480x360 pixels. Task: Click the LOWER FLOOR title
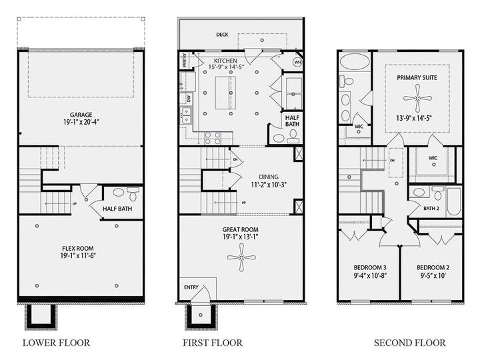[56, 343]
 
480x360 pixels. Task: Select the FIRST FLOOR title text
[213, 343]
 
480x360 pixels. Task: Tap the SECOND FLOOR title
[409, 343]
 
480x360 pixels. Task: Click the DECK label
[223, 34]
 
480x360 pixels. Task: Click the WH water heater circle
[297, 61]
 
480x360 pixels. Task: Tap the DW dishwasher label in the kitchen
[188, 97]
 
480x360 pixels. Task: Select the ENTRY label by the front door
[192, 287]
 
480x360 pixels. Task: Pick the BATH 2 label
[431, 209]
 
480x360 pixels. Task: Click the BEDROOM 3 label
[369, 269]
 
